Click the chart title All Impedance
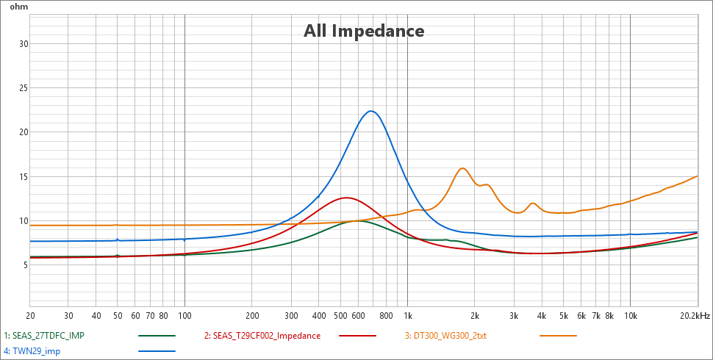click(x=364, y=31)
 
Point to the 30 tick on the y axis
click(x=23, y=43)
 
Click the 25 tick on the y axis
click(x=23, y=88)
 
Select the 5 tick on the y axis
click(x=25, y=265)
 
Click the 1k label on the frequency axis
click(x=407, y=316)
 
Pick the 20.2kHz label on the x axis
click(x=695, y=316)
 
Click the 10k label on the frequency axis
click(x=631, y=316)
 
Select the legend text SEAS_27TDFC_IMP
click(x=45, y=336)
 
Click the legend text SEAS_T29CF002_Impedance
click(x=262, y=336)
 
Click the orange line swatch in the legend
click(x=558, y=336)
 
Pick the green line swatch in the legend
click(x=157, y=336)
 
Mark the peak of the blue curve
click(x=371, y=111)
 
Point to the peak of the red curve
click(x=345, y=198)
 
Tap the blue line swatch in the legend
click(x=157, y=351)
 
